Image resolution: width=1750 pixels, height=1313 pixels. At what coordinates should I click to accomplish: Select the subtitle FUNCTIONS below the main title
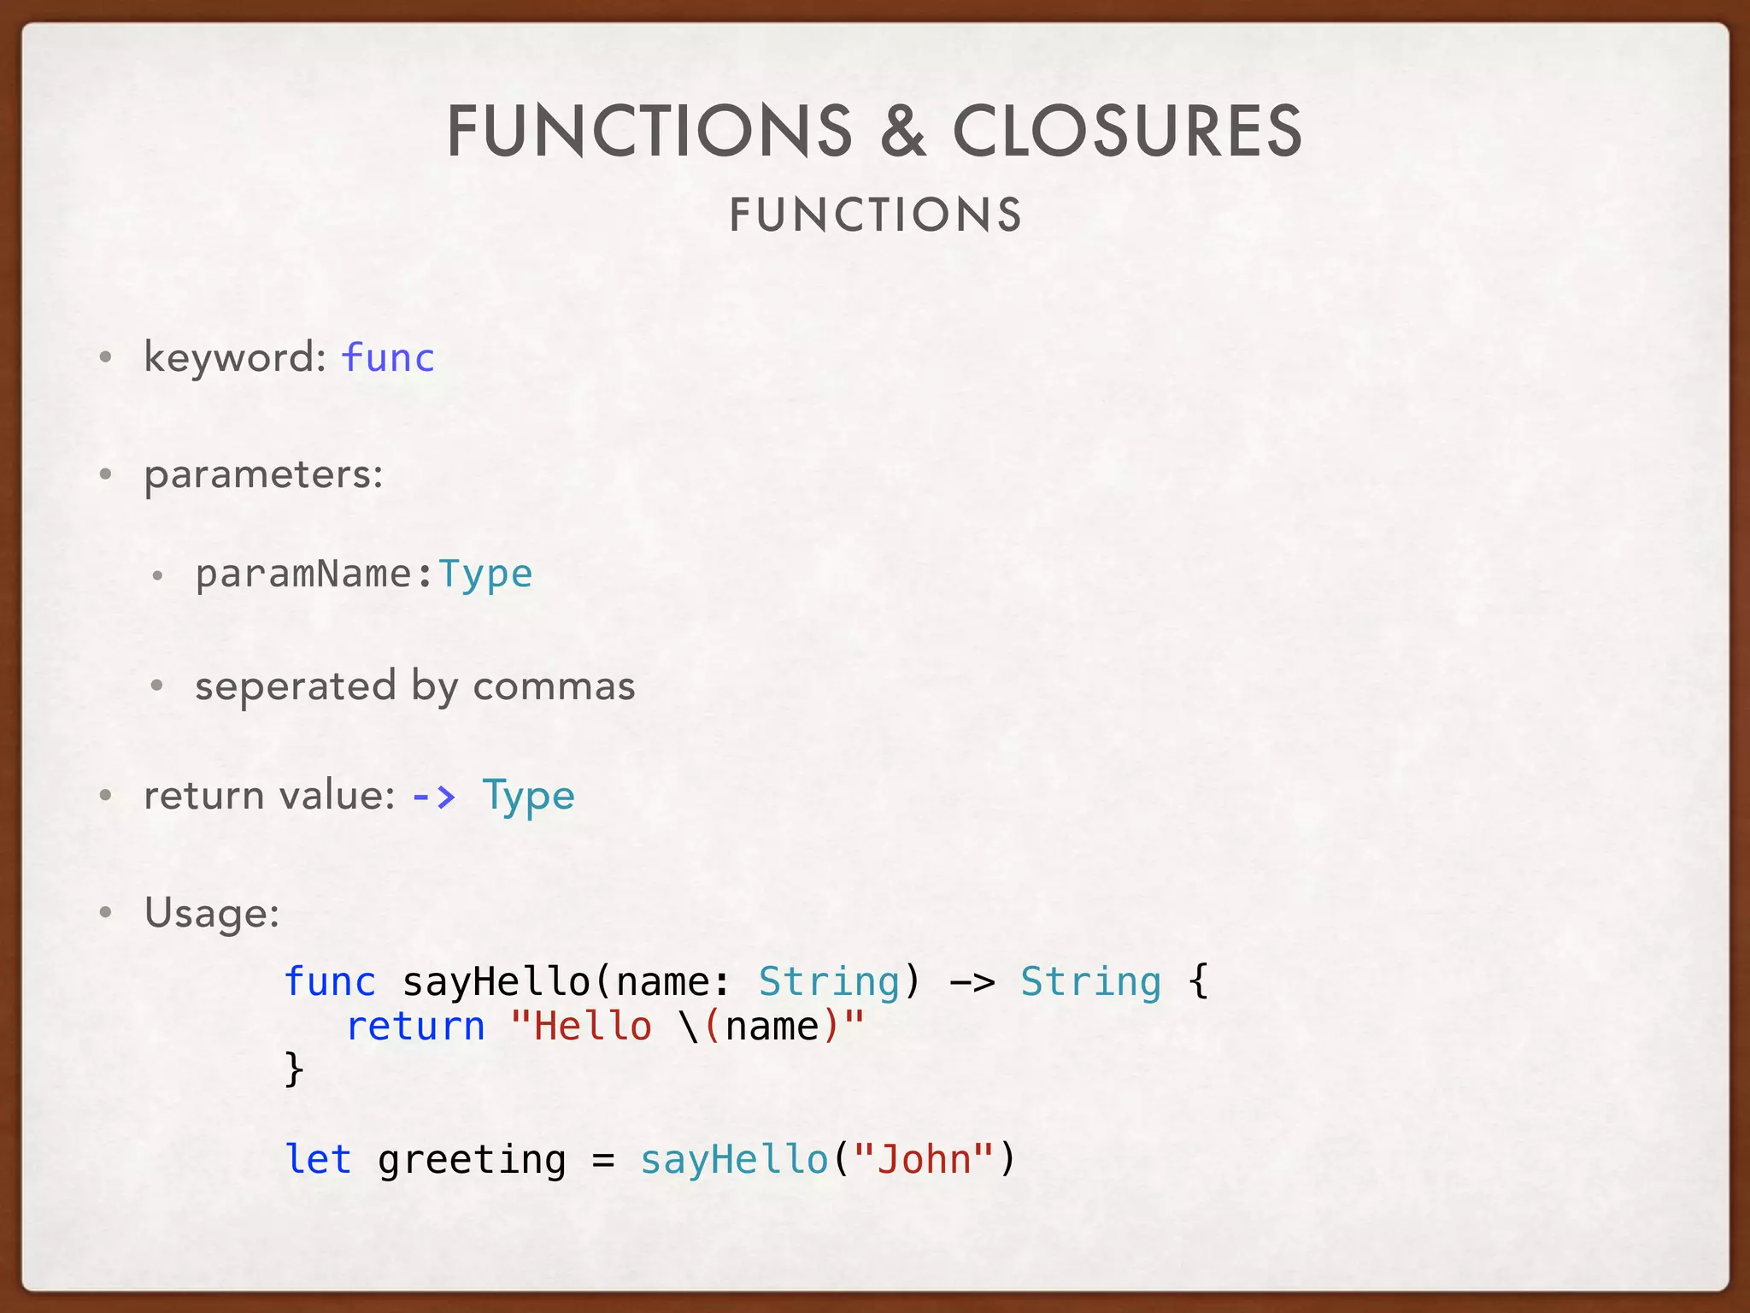(875, 215)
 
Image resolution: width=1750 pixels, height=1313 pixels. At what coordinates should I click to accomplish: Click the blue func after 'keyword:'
(388, 357)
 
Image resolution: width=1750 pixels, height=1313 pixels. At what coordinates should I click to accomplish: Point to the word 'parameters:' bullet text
(263, 474)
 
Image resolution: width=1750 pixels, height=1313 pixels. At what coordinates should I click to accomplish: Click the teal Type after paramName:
(485, 574)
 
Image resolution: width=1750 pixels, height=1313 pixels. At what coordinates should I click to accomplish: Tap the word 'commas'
(554, 686)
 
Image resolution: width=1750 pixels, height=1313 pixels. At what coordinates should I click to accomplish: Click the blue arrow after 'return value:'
(434, 797)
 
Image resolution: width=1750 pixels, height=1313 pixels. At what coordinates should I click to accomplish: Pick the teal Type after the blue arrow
(528, 797)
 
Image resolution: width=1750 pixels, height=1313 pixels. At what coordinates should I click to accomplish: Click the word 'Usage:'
(212, 913)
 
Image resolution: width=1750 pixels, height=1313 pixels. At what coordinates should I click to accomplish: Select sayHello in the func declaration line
(496, 981)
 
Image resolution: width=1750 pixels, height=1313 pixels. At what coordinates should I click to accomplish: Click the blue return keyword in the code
(415, 1026)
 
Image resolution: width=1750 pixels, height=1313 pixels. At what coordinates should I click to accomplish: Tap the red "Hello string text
(581, 1026)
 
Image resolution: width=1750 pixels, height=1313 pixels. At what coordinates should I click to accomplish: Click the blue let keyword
(318, 1159)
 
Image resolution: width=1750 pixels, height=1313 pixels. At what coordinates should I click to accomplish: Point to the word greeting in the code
(472, 1161)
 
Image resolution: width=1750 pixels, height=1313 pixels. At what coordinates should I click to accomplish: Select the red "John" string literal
(925, 1159)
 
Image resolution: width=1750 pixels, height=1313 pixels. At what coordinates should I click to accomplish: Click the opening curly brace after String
(1198, 981)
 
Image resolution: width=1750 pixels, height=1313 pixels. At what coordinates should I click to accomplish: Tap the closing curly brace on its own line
(294, 1069)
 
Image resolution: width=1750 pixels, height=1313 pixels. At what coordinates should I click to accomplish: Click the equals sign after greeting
(603, 1161)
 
